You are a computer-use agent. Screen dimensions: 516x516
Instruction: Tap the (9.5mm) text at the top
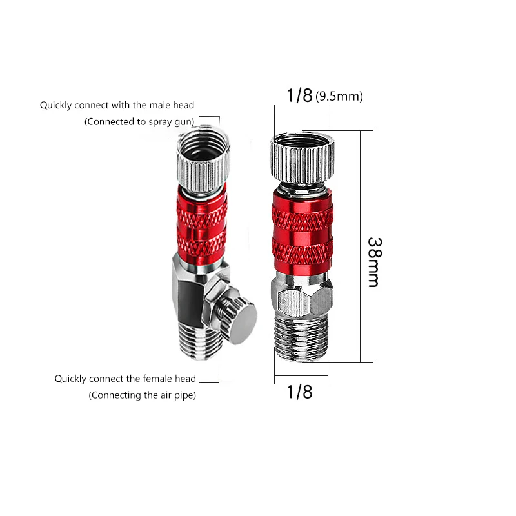pyautogui.click(x=340, y=97)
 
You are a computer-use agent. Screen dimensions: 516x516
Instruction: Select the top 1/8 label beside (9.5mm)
pyautogui.click(x=299, y=96)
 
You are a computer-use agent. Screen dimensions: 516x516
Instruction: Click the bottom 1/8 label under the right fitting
pyautogui.click(x=299, y=392)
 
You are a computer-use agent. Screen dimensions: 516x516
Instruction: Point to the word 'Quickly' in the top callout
pyautogui.click(x=55, y=105)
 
